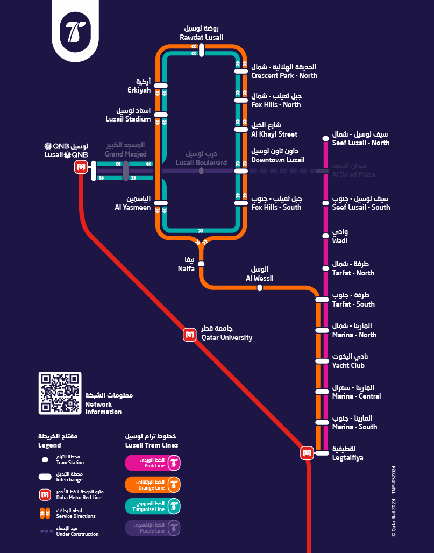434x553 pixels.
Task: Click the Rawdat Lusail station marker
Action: [201, 50]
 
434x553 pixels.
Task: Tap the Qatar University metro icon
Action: [189, 335]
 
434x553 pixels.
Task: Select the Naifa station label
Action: [186, 264]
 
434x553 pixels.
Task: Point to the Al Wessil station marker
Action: [260, 288]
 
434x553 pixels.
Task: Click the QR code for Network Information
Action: [60, 393]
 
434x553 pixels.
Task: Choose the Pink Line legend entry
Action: [153, 463]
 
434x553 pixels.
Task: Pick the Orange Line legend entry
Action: [153, 485]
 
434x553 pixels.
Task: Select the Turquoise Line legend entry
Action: [153, 506]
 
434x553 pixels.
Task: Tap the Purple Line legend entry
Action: [153, 528]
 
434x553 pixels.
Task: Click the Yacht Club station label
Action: [348, 361]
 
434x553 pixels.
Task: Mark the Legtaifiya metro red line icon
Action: [307, 453]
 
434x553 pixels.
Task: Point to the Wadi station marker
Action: [325, 236]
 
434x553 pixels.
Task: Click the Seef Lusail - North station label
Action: [360, 138]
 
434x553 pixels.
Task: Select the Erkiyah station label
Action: [139, 86]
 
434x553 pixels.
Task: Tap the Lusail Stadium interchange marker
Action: [161, 115]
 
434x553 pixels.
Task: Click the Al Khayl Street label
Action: [274, 130]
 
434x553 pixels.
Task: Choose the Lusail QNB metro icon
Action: [81, 167]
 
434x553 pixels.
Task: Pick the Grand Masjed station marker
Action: [125, 171]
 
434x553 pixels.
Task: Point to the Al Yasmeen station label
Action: [133, 203]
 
